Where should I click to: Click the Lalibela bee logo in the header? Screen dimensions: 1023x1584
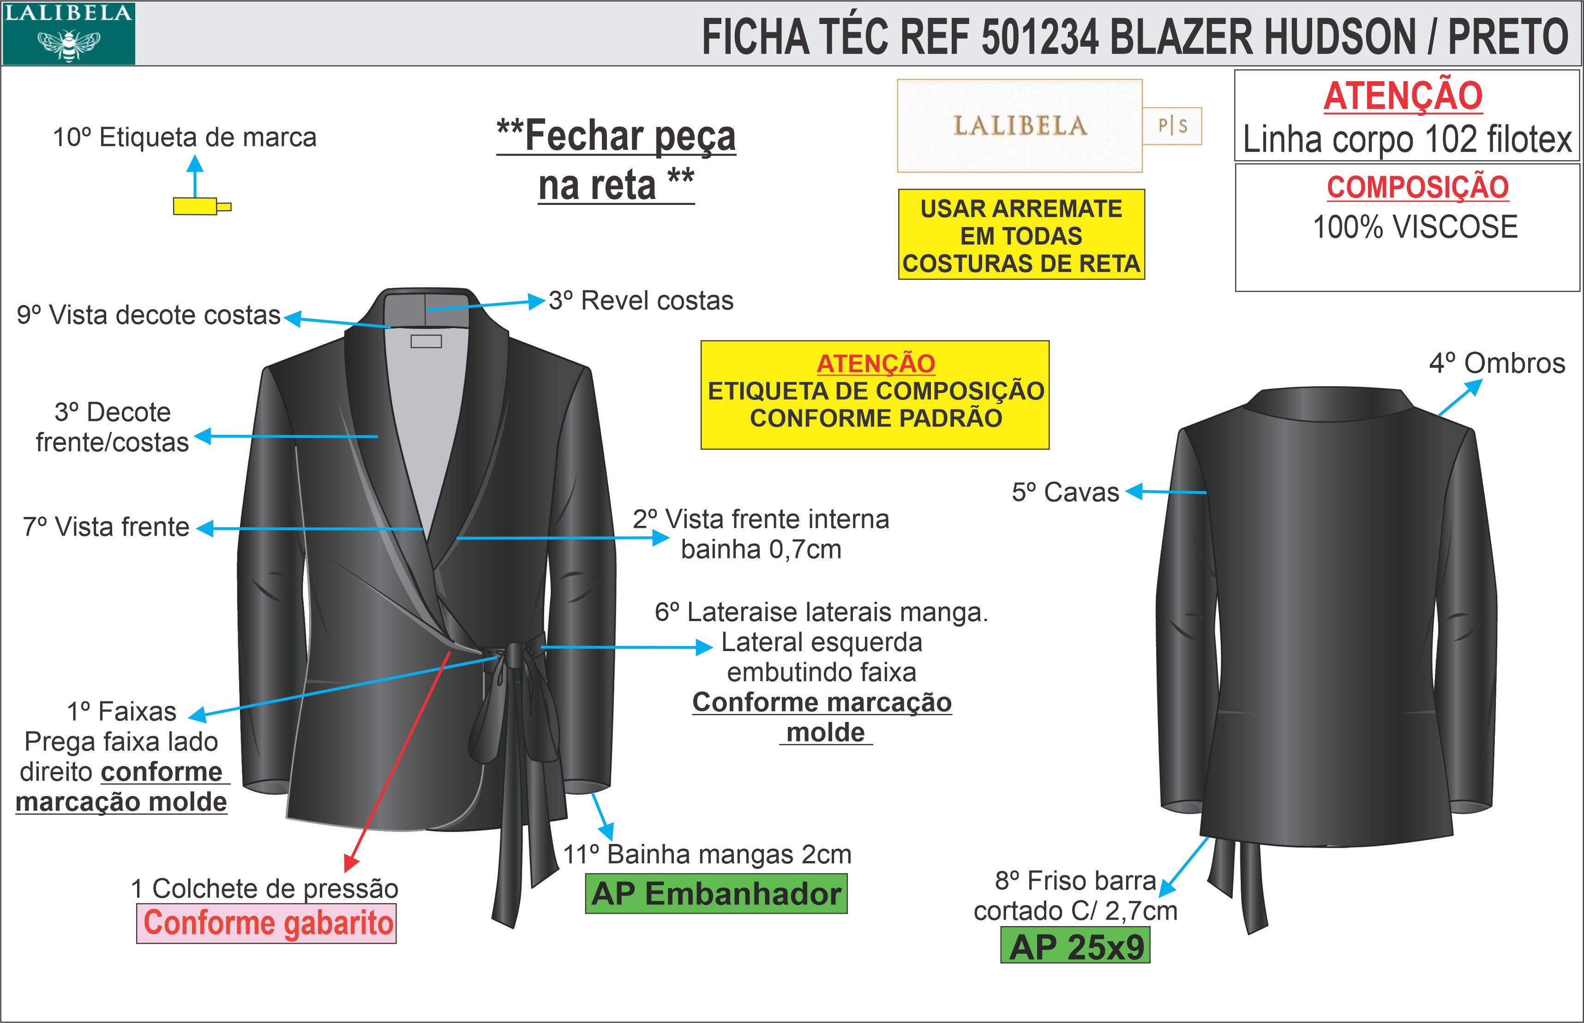pos(68,33)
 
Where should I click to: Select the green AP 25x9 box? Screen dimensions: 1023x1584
pos(1075,946)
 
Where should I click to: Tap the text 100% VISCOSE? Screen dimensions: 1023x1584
pos(1415,227)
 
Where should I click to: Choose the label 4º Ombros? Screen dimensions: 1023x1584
pos(1497,363)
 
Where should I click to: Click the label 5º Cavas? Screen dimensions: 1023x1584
pos(1065,492)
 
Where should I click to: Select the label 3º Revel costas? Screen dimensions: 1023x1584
pos(641,301)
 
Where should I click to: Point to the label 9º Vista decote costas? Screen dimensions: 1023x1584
pos(149,315)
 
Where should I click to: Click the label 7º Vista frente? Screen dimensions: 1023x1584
pos(106,527)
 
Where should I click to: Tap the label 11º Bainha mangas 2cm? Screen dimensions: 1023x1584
pos(707,854)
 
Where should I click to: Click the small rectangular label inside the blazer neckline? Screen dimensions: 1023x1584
pos(426,341)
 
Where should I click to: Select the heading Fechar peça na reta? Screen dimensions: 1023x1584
pos(616,160)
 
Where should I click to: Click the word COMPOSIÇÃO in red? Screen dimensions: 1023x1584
pos(1417,187)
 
